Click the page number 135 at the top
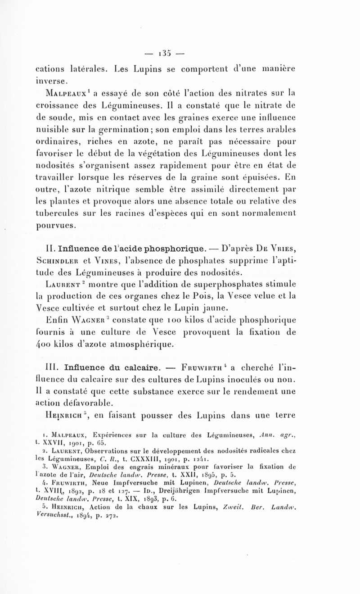(x=180, y=49)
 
